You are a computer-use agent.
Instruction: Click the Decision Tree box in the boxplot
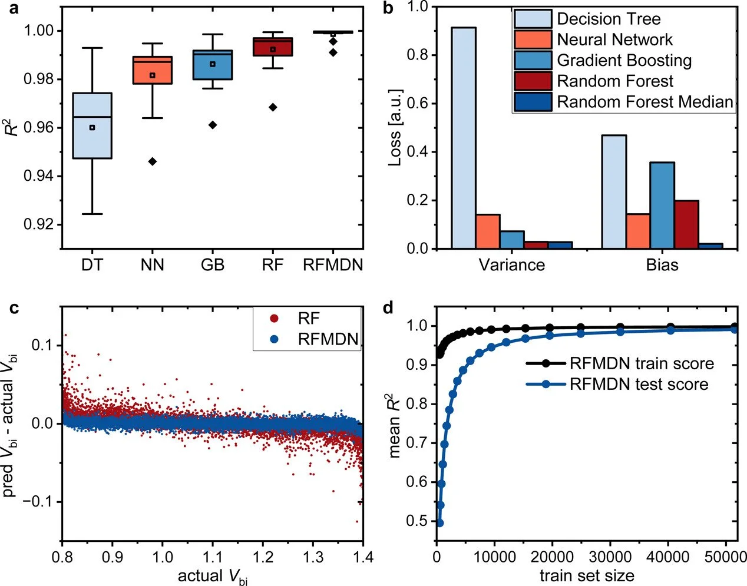pos(92,125)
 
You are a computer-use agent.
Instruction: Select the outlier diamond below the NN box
pos(152,161)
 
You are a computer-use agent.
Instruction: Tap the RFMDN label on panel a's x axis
pos(333,265)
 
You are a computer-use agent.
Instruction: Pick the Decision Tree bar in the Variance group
pos(464,138)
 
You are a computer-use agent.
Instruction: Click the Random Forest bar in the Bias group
pos(686,224)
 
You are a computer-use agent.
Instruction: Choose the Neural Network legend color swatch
pos(533,40)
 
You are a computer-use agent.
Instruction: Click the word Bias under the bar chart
pos(662,265)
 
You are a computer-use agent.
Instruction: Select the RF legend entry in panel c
pos(308,319)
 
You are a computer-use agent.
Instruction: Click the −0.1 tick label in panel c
pos(40,501)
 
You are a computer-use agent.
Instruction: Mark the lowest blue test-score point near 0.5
pos(439,523)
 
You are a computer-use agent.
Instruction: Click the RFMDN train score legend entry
pos(641,363)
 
